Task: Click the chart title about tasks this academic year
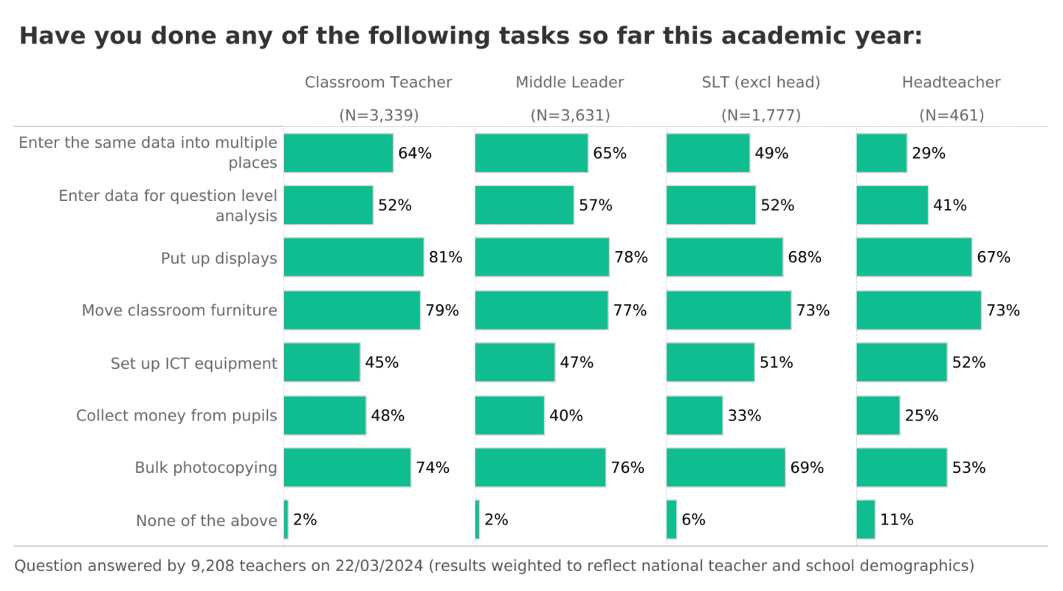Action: coord(470,35)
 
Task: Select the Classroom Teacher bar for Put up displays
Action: coord(354,257)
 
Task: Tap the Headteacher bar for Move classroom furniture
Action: coord(918,310)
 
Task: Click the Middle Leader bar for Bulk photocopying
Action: coord(540,468)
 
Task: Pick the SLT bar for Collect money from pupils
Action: coord(694,415)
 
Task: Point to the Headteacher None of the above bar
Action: coord(865,519)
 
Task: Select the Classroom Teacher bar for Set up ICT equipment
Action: coord(322,363)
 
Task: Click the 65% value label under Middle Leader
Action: coord(609,154)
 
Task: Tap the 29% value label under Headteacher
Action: coord(928,154)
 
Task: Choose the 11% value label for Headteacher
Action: coord(896,519)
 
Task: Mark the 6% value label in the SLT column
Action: coord(693,519)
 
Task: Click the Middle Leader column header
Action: coord(569,83)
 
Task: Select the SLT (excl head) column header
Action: coord(760,83)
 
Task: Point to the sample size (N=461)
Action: coord(952,115)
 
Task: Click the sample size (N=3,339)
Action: coord(379,115)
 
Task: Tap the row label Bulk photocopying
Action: coord(206,468)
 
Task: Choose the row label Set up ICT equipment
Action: coord(194,363)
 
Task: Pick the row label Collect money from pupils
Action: coord(176,415)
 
